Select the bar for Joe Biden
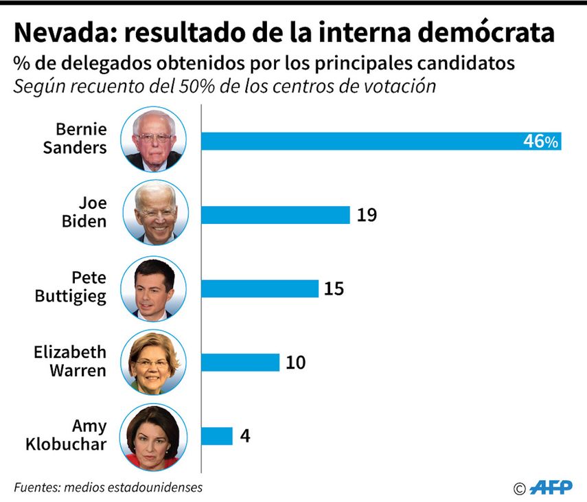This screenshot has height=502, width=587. coord(275,214)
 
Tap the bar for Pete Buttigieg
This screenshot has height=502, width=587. coord(260,288)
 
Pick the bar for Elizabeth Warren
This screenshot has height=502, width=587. coord(240,362)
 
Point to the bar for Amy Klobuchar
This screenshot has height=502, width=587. coord(216,435)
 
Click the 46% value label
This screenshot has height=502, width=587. coord(541,141)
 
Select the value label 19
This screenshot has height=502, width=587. coord(367,215)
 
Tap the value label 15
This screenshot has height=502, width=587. coord(334,288)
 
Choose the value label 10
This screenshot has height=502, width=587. coord(295,362)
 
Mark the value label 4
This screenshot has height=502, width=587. coord(245,435)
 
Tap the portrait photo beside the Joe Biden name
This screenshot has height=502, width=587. coord(154,214)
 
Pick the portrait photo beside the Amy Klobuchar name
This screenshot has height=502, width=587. coord(154,435)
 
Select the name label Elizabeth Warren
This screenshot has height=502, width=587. coord(71,361)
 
